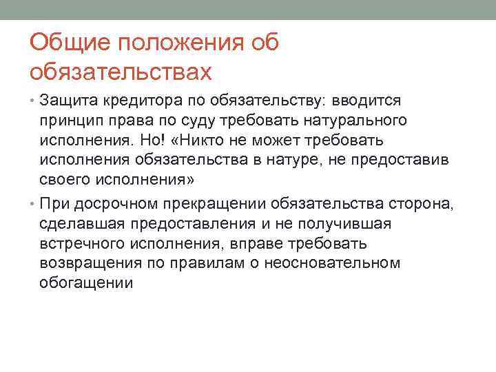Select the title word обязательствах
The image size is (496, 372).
click(118, 71)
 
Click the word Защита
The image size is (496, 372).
click(70, 101)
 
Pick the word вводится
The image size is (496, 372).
click(373, 101)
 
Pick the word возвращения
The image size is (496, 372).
click(88, 263)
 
